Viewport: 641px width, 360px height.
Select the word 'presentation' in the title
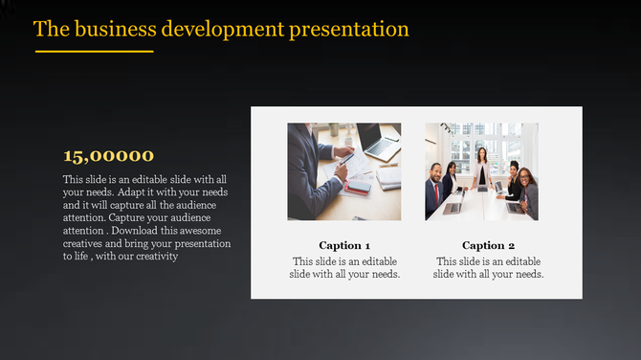point(347,29)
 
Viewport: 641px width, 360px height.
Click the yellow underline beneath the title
point(94,51)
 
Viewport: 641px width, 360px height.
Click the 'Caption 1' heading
point(344,245)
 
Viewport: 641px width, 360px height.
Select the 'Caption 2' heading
point(488,245)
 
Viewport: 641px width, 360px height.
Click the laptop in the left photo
point(379,144)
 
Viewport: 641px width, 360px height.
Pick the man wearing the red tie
point(436,187)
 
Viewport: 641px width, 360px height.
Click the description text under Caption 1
point(344,267)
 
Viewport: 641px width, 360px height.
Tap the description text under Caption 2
point(488,267)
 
